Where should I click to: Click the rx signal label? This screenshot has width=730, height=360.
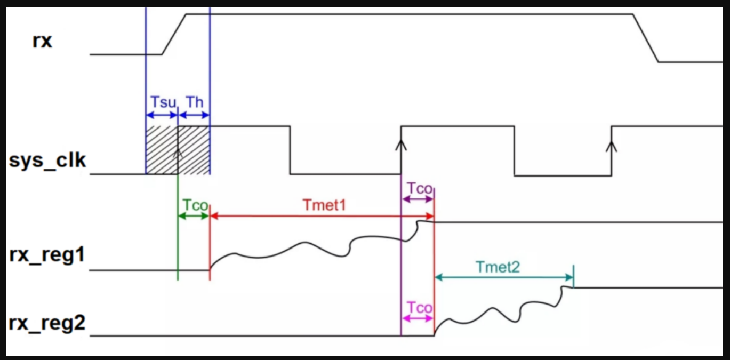(43, 41)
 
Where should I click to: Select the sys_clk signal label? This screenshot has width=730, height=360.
(47, 160)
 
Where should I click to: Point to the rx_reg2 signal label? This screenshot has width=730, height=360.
(47, 323)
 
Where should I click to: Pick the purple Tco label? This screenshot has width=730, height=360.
(420, 188)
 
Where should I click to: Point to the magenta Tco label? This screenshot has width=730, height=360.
(420, 308)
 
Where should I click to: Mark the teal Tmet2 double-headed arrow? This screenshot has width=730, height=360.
(504, 277)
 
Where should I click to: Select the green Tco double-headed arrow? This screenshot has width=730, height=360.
(194, 216)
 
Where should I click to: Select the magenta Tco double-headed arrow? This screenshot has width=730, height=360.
(418, 318)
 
